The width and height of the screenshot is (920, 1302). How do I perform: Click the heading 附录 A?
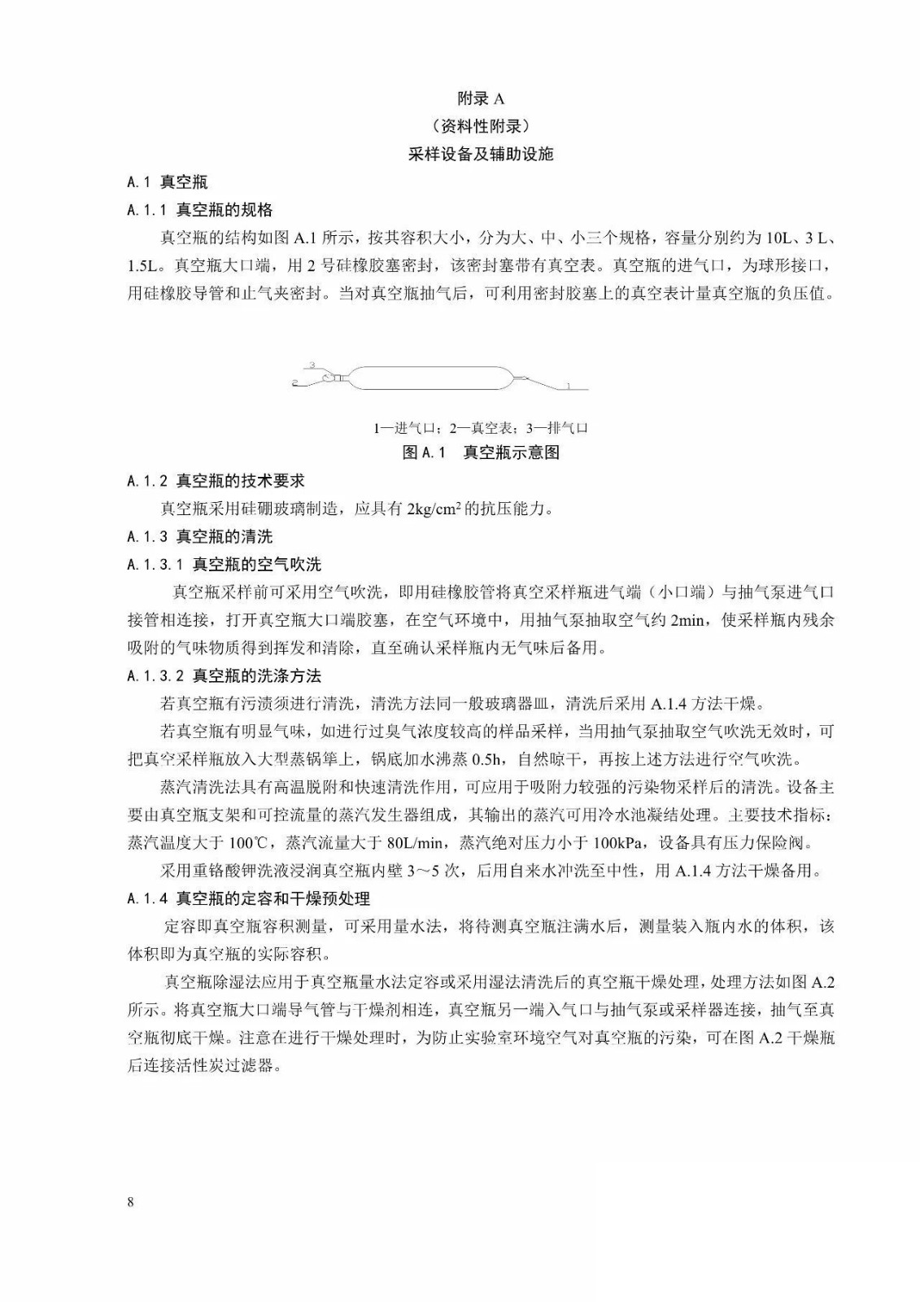480,98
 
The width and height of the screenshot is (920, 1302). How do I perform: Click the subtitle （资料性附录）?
480,126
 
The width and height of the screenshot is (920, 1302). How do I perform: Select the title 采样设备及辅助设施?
480,154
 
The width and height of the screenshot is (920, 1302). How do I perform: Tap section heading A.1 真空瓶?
168,182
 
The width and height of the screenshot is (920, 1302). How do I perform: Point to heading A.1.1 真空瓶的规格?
200,210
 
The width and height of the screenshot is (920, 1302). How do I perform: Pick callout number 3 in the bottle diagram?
312,365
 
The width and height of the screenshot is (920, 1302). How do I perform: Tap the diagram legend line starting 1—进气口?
480,428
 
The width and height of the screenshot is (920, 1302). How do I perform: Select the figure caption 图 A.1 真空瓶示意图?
481,452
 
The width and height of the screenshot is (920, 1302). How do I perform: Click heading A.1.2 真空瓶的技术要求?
216,481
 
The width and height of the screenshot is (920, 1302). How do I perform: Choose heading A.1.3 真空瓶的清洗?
200,537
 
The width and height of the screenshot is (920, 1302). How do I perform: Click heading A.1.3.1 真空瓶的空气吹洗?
225,565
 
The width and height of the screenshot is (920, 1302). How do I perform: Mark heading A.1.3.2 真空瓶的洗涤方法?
225,676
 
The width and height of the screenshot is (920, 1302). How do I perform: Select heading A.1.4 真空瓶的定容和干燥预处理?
249,898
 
